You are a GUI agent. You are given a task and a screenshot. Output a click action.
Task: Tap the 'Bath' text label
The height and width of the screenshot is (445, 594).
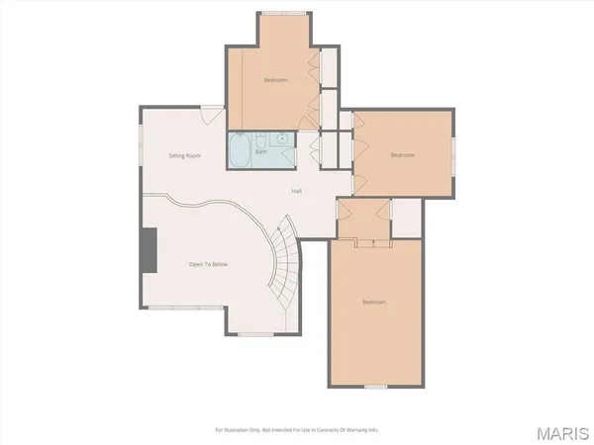261,152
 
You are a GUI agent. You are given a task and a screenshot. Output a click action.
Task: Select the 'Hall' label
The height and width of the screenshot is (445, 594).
296,191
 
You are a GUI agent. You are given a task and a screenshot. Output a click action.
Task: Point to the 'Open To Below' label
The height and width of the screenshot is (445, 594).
209,264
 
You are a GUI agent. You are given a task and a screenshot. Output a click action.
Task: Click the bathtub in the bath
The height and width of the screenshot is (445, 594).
241,152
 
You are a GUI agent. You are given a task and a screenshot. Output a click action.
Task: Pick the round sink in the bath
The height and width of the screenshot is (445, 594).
282,139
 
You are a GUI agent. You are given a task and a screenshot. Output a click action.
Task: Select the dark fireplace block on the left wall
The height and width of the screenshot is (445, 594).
148,248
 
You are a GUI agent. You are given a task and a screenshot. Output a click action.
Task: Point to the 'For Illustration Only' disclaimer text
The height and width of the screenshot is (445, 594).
297,430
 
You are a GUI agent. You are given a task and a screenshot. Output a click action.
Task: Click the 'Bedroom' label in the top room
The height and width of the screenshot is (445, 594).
276,79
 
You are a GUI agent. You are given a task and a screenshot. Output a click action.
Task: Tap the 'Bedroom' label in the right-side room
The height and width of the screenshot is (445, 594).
401,155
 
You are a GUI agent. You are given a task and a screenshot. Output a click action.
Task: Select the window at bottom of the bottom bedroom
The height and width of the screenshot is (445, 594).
375,387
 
